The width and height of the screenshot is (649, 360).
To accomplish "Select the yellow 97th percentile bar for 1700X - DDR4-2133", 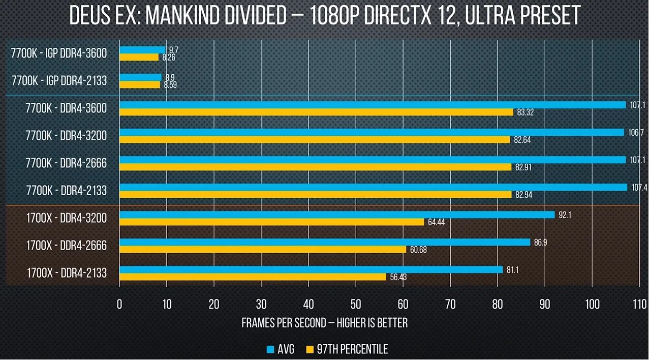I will tap(253, 277).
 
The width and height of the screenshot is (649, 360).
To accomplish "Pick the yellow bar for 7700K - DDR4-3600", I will tap(316, 112).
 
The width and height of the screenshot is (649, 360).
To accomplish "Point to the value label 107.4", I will tap(638, 187).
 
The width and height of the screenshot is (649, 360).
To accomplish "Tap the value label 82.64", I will tap(522, 140).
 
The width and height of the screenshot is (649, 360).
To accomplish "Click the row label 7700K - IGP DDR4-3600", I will tap(59, 53).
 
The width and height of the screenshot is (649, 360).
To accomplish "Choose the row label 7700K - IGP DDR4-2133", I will tap(59, 80).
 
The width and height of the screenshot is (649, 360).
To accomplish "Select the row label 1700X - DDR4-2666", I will tap(67, 246).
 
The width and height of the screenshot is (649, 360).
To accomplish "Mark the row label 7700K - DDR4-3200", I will tap(66, 136).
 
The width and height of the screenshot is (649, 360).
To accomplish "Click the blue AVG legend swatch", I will tap(270, 349).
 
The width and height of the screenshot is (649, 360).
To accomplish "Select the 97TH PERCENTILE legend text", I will tap(352, 349).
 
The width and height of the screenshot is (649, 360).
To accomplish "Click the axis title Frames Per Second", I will tap(324, 323).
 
